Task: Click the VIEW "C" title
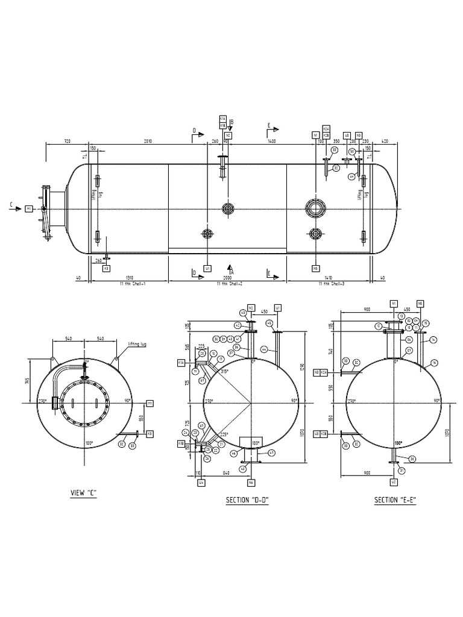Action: tap(84, 493)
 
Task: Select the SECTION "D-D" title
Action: tap(247, 500)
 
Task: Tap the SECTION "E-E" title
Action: tap(395, 500)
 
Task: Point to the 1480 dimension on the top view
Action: tap(271, 141)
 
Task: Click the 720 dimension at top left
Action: tap(67, 141)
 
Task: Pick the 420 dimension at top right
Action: tap(385, 141)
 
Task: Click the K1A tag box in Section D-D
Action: tap(181, 363)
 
